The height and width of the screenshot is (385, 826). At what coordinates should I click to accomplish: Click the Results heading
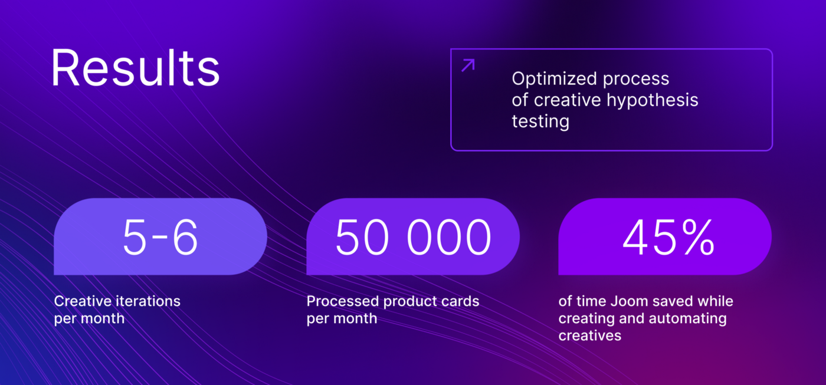(x=135, y=68)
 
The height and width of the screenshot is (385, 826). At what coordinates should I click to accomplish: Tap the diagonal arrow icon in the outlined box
(x=468, y=65)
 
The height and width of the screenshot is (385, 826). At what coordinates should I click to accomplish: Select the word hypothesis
(x=653, y=100)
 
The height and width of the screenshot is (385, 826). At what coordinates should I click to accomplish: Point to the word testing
(x=540, y=121)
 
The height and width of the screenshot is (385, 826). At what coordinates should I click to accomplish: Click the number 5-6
(x=160, y=237)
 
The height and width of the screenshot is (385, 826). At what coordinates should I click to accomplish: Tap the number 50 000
(x=413, y=237)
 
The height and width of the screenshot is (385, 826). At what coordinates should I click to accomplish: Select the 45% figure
(x=668, y=237)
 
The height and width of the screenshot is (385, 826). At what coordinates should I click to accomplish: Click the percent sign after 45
(x=698, y=237)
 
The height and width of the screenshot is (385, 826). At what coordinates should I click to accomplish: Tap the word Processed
(x=343, y=301)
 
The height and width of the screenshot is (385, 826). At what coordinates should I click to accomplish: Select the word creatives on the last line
(x=589, y=335)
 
